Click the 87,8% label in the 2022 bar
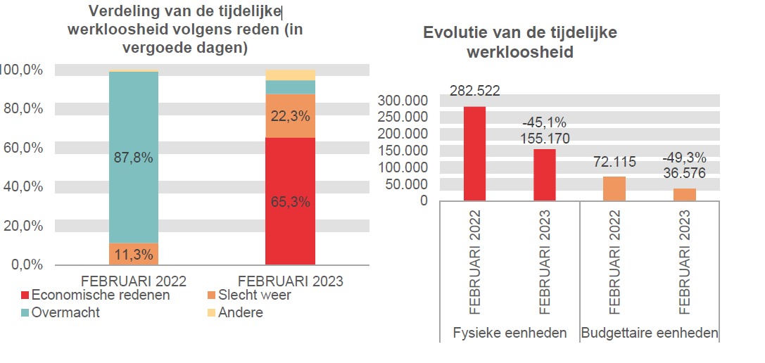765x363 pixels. click(x=133, y=158)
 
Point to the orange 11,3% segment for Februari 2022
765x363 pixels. click(x=133, y=254)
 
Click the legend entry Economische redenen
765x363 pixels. click(x=95, y=295)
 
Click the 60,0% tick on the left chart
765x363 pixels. click(x=24, y=148)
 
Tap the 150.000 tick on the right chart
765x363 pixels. click(x=403, y=151)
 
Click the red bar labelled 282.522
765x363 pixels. click(x=474, y=153)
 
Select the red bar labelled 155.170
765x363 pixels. click(x=544, y=174)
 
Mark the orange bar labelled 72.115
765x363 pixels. click(x=614, y=189)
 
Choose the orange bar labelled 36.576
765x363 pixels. click(x=684, y=194)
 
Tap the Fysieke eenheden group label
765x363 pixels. click(x=509, y=333)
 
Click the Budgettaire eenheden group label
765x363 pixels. click(x=649, y=333)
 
